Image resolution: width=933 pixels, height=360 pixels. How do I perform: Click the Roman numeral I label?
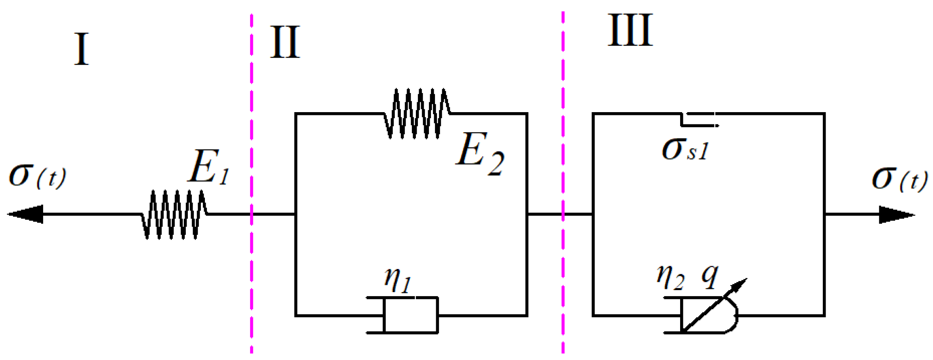pos(82,50)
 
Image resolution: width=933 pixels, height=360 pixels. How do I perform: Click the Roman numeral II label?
pos(285,42)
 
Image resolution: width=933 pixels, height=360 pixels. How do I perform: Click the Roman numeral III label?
pos(630,30)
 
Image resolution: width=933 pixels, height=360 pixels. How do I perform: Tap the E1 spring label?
pos(209,167)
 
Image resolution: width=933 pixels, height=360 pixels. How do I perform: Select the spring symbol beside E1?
pos(174,214)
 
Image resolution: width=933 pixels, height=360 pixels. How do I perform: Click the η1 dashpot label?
pos(398,280)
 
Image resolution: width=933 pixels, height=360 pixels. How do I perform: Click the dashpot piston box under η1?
pos(411,315)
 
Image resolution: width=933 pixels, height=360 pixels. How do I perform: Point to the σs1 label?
pos(685,150)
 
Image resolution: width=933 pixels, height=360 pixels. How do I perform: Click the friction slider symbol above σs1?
pos(698,119)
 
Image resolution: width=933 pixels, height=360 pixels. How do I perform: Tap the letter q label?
pos(710,276)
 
